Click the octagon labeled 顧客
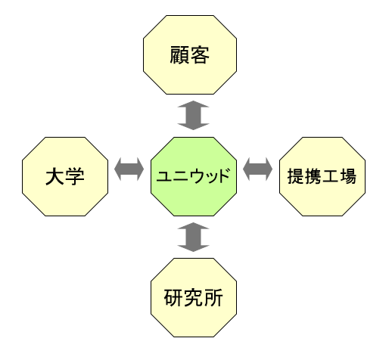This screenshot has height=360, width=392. tap(190, 54)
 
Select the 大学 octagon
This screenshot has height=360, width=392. tap(65, 176)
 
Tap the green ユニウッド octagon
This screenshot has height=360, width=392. tap(194, 176)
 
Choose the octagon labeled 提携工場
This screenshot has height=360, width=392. tap(322, 176)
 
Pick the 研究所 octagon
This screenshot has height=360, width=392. tap(194, 297)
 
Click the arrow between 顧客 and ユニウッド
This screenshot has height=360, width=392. tap(193, 116)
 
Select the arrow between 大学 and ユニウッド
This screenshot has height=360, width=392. tap(129, 169)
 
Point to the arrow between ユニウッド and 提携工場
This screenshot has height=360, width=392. tap(257, 169)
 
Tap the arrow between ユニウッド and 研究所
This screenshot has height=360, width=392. tap(193, 237)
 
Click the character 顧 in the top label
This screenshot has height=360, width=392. tap(179, 55)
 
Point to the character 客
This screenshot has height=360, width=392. tap(200, 55)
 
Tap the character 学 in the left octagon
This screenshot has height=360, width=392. tap(75, 177)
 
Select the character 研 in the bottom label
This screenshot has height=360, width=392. tap(173, 298)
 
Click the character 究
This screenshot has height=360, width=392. tap(194, 298)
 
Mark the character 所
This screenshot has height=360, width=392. tap(213, 298)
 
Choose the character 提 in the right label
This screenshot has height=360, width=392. tap(296, 176)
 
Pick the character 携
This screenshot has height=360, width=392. tap(313, 176)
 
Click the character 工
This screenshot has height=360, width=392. tap(331, 176)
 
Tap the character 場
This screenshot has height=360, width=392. tap(348, 176)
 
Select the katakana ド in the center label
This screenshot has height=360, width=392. tap(223, 175)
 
